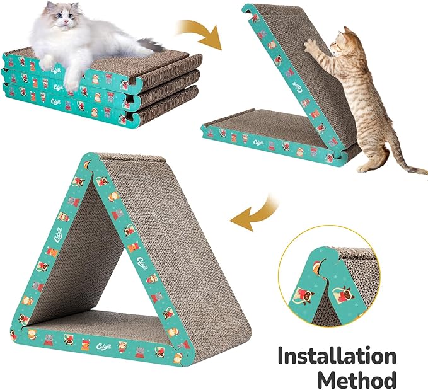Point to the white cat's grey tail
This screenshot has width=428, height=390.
pyautogui.click(x=152, y=44)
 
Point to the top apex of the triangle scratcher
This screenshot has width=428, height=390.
pyautogui.click(x=93, y=158)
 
